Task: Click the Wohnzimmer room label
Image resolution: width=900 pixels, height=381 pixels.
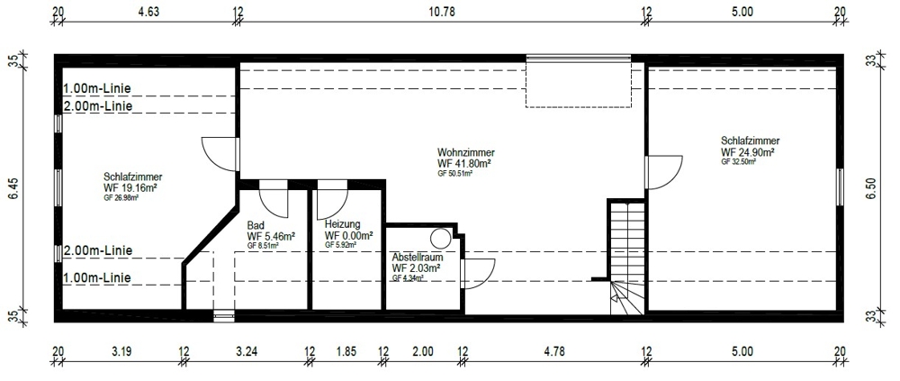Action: pos(466,153)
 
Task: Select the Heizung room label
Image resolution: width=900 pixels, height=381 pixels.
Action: pos(342,224)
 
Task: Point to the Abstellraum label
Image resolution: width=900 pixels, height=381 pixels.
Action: pos(418,257)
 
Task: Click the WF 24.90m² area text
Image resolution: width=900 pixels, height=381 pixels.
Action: pos(748,151)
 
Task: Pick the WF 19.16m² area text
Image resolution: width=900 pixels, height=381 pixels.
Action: pos(130,187)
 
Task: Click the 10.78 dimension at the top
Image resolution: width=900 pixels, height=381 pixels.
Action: pos(442,11)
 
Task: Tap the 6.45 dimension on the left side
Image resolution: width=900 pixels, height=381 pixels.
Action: pos(13,188)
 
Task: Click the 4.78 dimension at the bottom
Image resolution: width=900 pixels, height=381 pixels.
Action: pos(555,351)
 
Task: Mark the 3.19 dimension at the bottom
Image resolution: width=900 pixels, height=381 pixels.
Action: pos(122,351)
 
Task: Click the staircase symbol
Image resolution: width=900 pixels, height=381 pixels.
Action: pos(628,257)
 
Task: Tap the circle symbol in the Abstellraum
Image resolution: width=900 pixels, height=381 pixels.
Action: pos(441,238)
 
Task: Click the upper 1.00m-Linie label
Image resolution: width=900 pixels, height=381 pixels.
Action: pos(97,88)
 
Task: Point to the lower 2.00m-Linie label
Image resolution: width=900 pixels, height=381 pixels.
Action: pos(98,250)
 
